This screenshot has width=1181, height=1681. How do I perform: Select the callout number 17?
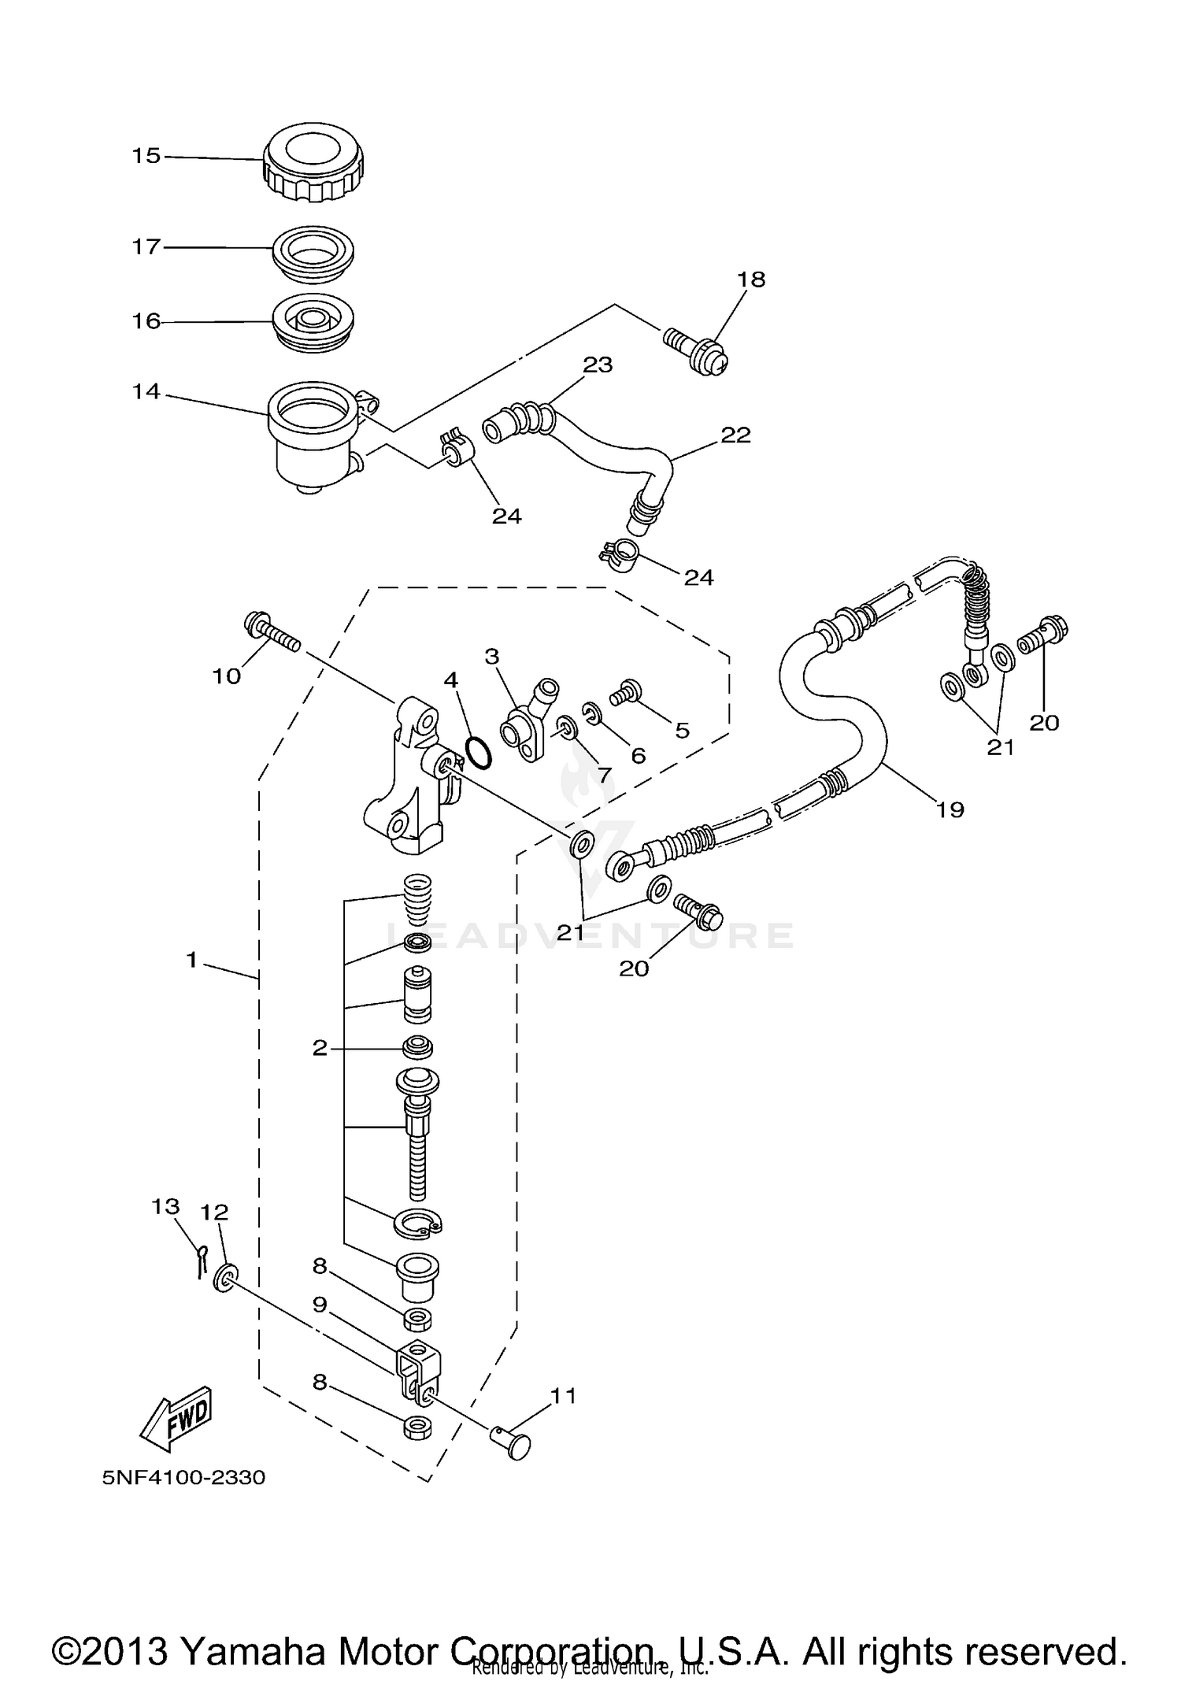(146, 247)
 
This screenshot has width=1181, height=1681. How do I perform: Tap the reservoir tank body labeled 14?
(309, 441)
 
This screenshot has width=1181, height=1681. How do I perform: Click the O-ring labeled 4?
(478, 751)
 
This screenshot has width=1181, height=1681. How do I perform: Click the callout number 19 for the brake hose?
(950, 809)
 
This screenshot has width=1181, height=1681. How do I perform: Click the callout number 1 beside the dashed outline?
(191, 960)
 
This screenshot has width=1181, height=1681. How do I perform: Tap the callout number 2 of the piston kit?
(319, 1048)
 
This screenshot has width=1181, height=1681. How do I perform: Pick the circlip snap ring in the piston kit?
(417, 1223)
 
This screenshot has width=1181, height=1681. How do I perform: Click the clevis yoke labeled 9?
(419, 1372)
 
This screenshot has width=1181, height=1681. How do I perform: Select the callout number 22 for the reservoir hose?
(735, 435)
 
